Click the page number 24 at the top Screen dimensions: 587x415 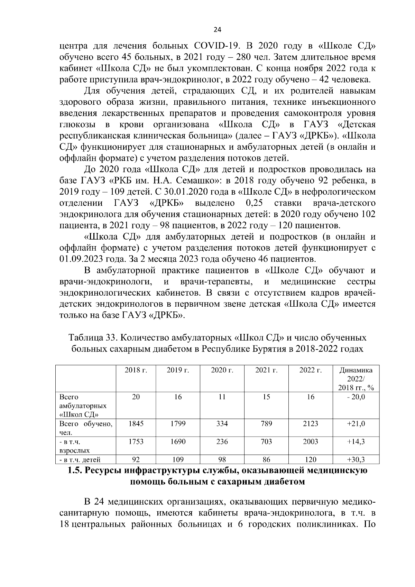coord(218,30)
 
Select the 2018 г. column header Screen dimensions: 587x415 coord(136,370)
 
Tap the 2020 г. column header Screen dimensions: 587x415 coord(222,370)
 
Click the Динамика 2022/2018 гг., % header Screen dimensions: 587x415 coord(356,379)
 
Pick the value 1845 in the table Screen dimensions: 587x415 coord(136,424)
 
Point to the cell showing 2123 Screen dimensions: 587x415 coord(310,424)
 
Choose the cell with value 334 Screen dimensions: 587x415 coord(222,424)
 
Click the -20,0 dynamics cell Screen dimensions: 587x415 coord(356,397)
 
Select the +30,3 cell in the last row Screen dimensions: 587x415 coord(356,460)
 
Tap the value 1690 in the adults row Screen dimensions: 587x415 coord(178,442)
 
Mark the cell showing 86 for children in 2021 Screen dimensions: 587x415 coord(266,460)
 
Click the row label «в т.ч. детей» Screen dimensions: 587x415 coord(80,460)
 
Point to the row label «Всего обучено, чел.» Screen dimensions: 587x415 coord(86,428)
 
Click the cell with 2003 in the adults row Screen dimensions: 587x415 coord(310,442)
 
